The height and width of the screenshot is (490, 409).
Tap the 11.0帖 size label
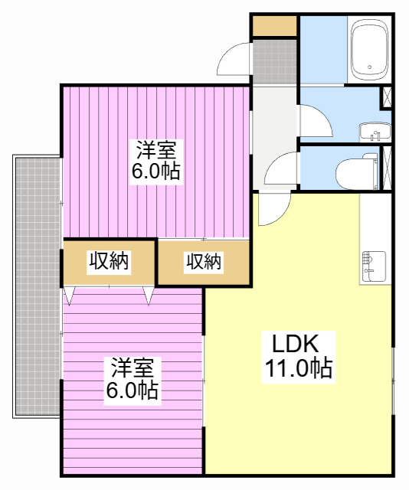coord(298,370)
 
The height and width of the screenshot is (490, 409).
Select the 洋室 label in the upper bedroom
coord(155,149)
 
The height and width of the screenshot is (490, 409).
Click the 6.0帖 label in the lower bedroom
coord(133,391)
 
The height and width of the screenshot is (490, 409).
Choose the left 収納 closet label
coord(110,261)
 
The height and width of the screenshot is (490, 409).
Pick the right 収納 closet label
coord(204,263)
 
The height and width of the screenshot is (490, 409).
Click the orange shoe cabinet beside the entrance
coord(274,25)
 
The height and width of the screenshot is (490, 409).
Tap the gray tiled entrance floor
coord(274,61)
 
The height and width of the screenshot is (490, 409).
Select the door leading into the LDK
coord(271,210)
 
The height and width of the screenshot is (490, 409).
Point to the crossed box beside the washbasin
coord(387,97)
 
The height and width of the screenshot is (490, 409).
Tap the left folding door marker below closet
coord(70,295)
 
